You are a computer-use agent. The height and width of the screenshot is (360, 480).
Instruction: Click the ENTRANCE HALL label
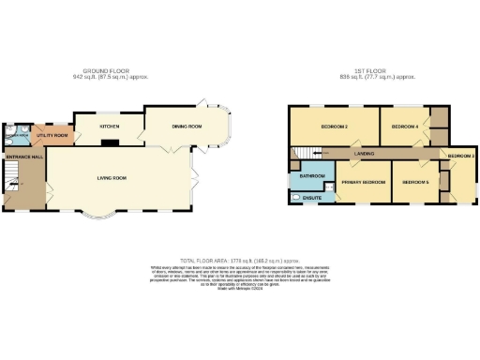coord(24,157)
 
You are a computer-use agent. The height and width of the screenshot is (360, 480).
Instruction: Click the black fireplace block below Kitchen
coord(110,143)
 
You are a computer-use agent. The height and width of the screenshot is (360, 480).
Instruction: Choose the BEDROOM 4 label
coord(404,126)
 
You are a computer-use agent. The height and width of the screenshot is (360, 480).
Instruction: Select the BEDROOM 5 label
coord(415,182)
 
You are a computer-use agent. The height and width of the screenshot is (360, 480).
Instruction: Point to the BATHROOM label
coord(312,175)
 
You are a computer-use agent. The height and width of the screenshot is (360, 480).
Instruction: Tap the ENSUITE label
coord(314,198)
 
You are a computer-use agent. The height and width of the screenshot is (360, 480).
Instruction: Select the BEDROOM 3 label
coord(460,155)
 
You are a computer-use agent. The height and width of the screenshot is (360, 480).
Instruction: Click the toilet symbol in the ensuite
coord(296,198)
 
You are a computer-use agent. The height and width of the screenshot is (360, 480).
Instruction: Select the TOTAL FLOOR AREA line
coord(239,260)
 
